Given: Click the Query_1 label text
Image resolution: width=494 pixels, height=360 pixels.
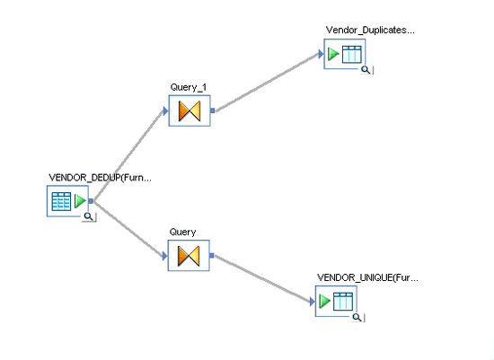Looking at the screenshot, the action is click(x=189, y=87).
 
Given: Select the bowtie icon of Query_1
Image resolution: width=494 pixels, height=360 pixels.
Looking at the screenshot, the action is click(x=190, y=110).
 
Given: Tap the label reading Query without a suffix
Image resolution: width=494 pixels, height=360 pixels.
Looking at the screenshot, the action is click(x=182, y=233).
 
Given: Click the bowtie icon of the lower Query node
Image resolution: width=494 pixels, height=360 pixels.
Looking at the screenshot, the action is click(x=189, y=256).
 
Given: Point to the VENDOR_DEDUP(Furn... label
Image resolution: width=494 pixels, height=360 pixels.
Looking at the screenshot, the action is click(x=101, y=178).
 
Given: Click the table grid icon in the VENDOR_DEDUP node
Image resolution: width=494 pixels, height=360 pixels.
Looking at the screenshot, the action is click(x=61, y=201).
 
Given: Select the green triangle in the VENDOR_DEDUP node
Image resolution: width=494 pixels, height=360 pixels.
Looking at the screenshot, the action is click(x=80, y=201).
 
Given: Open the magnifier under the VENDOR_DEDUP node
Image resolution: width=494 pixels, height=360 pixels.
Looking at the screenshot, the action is click(x=89, y=216).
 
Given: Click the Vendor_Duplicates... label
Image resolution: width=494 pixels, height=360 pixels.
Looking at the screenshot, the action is click(x=370, y=31).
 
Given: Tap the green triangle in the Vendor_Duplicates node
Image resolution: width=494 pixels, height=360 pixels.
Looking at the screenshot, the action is click(x=333, y=54).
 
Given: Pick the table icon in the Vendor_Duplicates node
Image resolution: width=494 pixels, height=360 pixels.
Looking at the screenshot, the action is click(x=352, y=54).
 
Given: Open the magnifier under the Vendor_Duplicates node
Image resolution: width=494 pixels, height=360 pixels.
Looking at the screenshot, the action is click(x=366, y=70).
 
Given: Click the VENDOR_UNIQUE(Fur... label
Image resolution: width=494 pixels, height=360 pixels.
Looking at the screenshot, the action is click(x=367, y=277).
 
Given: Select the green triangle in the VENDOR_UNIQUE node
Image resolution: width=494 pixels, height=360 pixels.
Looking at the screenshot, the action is click(x=324, y=301).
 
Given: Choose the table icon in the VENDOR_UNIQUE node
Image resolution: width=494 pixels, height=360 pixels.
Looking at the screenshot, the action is click(x=343, y=302).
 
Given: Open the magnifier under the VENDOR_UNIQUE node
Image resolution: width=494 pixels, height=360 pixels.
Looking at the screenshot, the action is click(x=357, y=317).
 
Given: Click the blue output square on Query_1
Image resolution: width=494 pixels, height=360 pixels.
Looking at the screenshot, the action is click(x=213, y=110).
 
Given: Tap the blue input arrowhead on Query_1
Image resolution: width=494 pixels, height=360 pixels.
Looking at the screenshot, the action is click(x=166, y=110).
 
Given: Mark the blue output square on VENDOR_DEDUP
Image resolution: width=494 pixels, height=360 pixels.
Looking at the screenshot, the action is click(x=91, y=201).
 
